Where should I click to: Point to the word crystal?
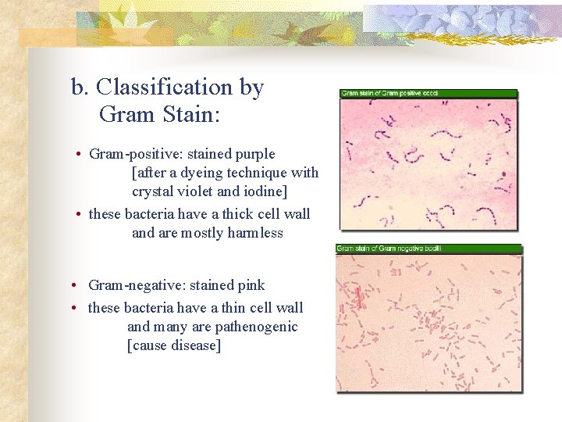[153, 191]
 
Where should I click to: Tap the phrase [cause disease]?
[174, 345]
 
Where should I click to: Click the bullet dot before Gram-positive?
[80, 155]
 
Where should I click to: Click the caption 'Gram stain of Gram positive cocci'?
[389, 93]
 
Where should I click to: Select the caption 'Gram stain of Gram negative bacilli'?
[389, 249]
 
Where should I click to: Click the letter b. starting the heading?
[79, 88]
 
